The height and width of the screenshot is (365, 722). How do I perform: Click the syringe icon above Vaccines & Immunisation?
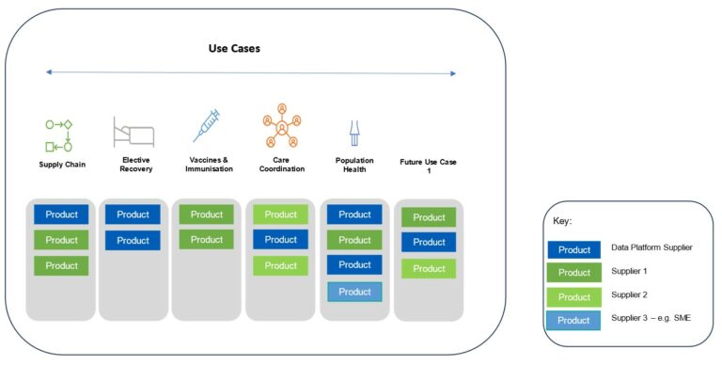pos(206,126)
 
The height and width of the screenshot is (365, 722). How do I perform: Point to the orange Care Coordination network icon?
pos(281,128)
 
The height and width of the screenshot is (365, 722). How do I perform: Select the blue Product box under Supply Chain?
pos(62,214)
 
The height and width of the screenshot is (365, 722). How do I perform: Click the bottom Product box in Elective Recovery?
pos(133,241)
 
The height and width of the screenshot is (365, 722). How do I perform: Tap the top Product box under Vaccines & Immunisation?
pos(207,214)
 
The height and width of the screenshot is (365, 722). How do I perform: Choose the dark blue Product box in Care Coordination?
pos(281,240)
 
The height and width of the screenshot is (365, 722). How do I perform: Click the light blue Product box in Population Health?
pos(354,292)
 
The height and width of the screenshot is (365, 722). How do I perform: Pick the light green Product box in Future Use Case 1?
pos(429,269)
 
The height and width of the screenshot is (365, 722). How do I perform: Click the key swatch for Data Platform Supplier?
pos(573,249)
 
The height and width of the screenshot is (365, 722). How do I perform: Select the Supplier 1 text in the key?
pos(632,271)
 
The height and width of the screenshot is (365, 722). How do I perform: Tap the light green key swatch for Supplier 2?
pos(573,296)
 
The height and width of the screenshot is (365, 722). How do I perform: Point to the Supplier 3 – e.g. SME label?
pos(654,319)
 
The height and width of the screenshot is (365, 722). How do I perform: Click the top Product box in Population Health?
pos(354,214)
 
